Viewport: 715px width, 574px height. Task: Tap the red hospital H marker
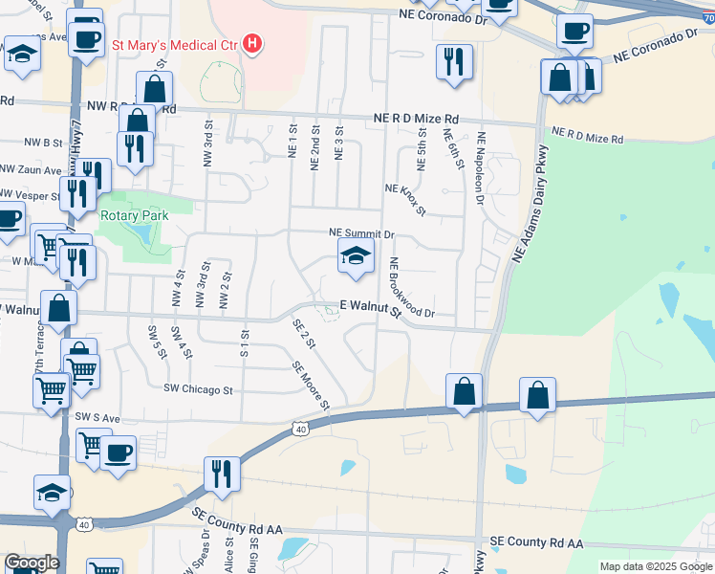click(252, 43)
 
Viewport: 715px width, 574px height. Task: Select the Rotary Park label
click(134, 215)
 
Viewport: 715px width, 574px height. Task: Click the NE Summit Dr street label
click(361, 233)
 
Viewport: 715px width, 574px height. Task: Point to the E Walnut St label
click(369, 307)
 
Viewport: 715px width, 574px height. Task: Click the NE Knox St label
click(405, 198)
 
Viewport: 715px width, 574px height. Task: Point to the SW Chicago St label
click(199, 389)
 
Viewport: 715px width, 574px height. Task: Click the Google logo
click(31, 563)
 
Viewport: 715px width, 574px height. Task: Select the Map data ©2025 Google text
click(656, 566)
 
